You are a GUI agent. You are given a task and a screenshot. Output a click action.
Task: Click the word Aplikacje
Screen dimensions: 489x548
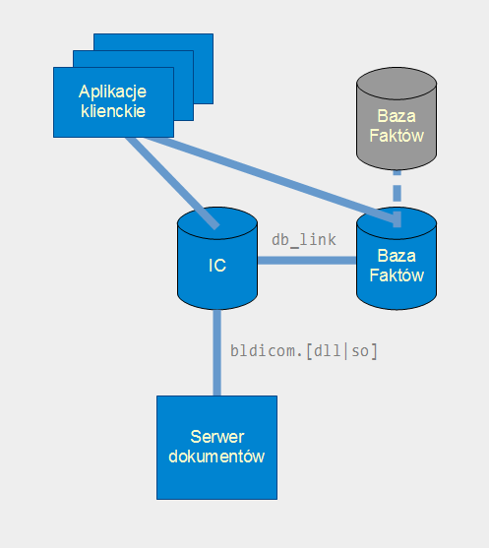tap(112, 92)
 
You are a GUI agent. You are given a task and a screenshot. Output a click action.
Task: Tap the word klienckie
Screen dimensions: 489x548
tap(113, 111)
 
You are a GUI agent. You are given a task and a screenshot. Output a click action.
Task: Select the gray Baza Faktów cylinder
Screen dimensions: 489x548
tap(397, 118)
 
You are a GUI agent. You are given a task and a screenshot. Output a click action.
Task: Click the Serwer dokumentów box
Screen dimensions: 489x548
tap(217, 448)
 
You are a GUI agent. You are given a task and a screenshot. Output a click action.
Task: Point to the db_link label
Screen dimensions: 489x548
tap(304, 240)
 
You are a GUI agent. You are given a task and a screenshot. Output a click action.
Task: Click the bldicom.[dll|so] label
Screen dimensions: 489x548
tap(304, 351)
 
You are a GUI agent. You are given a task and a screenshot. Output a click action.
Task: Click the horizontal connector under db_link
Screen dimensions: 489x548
tap(307, 261)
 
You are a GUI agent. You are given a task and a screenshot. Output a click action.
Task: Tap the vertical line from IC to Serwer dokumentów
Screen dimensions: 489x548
tap(217, 352)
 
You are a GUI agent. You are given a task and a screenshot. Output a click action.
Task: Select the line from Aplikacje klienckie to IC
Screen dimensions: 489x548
tap(172, 183)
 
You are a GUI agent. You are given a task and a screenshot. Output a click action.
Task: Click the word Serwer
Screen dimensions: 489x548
tap(217, 437)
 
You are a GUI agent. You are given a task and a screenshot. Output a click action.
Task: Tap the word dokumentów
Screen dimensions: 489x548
tap(216, 457)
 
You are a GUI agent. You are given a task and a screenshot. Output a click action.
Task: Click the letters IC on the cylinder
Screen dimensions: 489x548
tap(217, 266)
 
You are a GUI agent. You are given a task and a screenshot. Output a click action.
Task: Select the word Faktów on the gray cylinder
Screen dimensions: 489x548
tap(397, 136)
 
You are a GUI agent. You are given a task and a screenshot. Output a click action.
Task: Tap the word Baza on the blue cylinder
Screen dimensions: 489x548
tap(397, 256)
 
